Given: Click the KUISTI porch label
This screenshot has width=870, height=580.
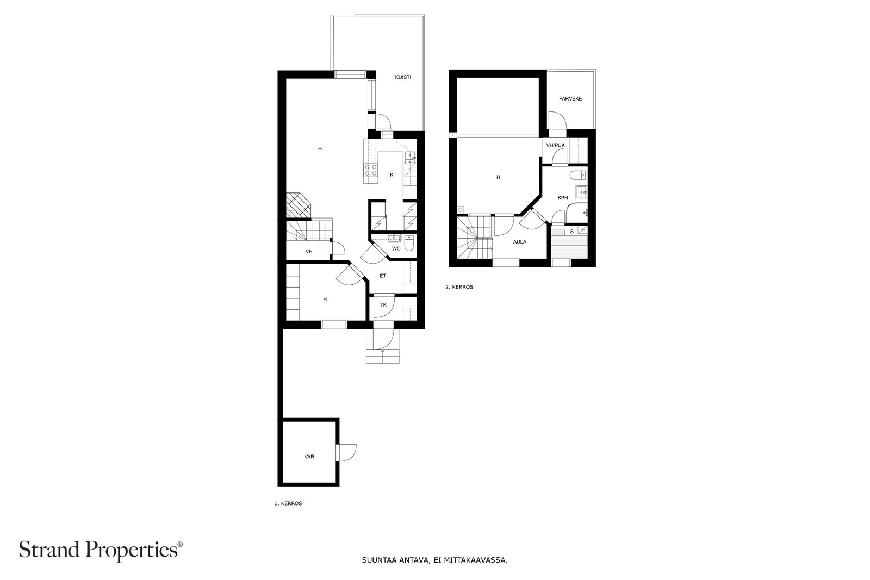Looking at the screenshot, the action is (x=403, y=77).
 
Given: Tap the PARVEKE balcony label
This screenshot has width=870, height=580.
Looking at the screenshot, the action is (x=570, y=99).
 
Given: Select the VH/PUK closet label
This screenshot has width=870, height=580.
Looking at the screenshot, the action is (x=555, y=145).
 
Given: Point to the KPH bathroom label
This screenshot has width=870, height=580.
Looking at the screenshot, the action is (x=562, y=198).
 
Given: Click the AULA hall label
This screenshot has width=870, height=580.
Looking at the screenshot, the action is (x=520, y=242).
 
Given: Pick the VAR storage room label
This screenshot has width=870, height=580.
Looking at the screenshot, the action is (x=309, y=457).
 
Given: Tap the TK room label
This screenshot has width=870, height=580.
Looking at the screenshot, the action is (x=383, y=305).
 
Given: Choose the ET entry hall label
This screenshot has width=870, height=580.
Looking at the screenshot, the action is (x=383, y=276).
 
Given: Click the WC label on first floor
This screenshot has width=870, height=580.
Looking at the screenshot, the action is (x=396, y=248).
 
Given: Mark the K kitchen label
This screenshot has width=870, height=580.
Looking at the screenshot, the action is (x=391, y=174).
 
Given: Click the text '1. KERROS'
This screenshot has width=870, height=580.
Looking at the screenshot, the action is (x=288, y=503).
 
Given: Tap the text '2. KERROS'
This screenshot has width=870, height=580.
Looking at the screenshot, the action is (x=459, y=287).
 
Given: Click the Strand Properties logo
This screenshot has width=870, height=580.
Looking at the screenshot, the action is (x=101, y=550).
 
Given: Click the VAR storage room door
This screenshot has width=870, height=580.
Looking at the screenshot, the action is (x=346, y=453).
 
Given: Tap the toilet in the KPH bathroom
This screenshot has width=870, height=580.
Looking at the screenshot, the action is (x=579, y=176).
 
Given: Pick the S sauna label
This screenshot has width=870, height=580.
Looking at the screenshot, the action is (x=571, y=232).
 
